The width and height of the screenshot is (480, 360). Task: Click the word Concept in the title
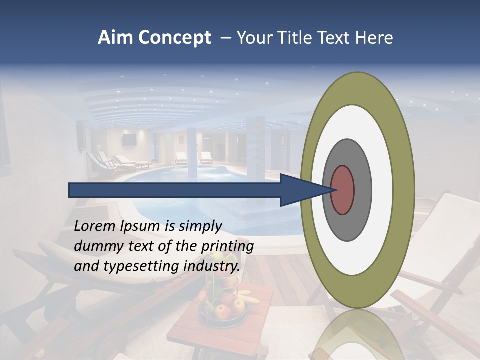point(175,38)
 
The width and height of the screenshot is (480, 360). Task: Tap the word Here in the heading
point(375,38)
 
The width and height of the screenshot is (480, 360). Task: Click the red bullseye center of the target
point(343,190)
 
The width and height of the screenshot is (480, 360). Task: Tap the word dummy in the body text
point(96,246)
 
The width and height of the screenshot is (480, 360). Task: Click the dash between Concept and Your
point(225,38)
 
